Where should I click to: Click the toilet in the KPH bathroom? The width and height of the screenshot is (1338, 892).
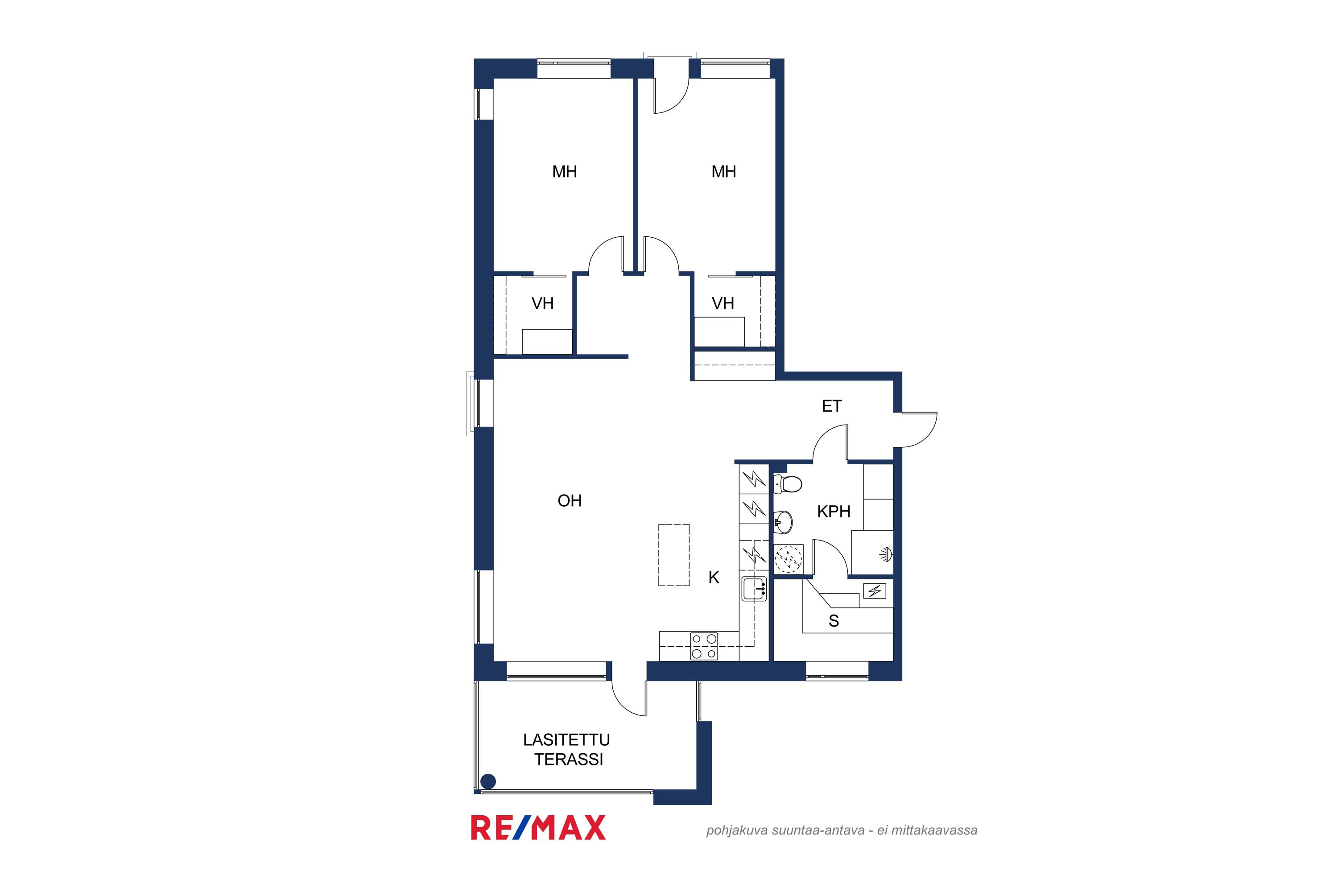[x=788, y=483]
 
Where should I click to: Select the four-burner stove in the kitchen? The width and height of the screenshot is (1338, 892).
[x=704, y=646]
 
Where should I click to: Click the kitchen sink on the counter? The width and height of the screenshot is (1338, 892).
[x=754, y=589]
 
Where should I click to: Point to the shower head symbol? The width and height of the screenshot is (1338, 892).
[x=886, y=553]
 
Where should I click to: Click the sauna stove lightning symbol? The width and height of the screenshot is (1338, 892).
[x=874, y=592]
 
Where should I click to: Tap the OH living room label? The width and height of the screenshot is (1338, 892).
[x=570, y=500]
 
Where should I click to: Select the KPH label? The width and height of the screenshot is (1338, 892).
[x=834, y=512]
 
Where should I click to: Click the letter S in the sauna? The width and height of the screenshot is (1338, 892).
[x=834, y=621]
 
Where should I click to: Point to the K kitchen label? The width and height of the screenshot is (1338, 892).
[x=714, y=578]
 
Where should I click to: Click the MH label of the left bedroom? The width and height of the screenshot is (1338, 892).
[x=564, y=171]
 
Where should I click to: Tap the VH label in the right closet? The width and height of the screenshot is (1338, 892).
[x=723, y=303]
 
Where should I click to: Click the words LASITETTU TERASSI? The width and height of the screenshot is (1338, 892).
[x=567, y=749]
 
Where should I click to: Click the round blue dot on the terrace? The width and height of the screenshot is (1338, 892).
[x=488, y=782]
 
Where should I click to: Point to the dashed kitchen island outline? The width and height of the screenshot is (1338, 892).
[x=674, y=555]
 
